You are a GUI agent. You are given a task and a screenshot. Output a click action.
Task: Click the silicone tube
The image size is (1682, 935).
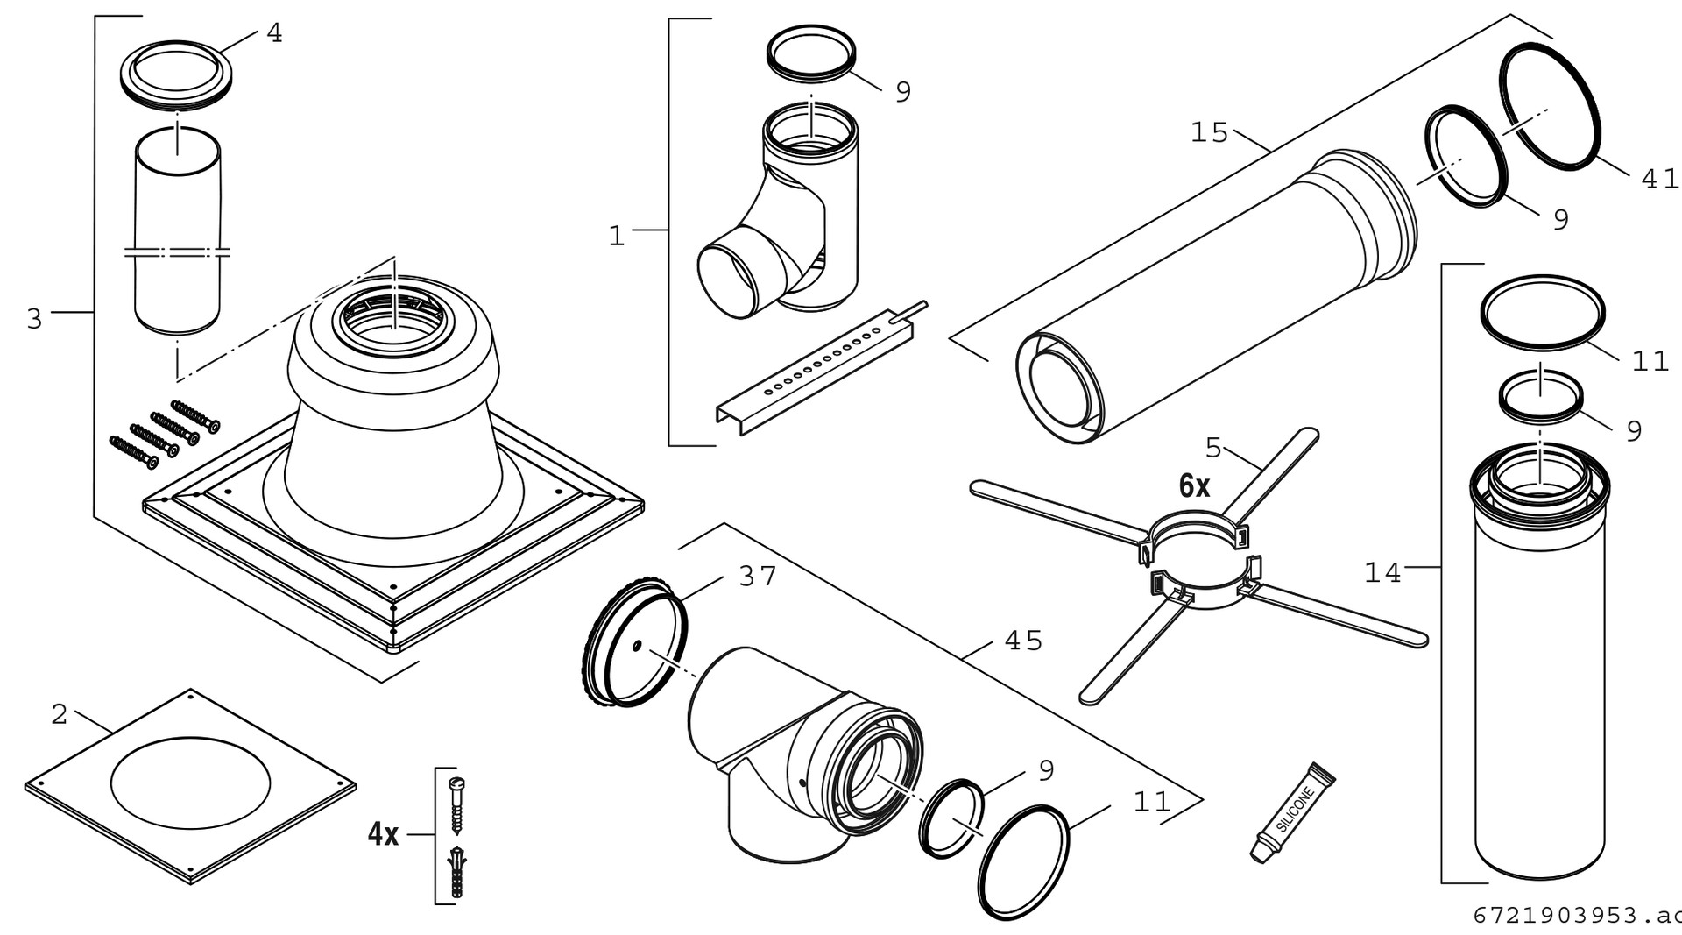[1290, 813]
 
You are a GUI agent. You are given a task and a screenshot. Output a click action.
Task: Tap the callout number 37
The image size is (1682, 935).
[758, 577]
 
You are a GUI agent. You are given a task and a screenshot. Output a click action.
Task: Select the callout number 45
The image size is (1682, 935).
[1023, 641]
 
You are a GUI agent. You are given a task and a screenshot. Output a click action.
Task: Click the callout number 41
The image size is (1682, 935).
[1658, 179]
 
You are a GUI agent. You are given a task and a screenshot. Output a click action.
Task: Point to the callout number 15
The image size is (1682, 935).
[1209, 133]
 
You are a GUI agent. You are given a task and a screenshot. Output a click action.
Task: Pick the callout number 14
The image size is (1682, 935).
[1382, 573]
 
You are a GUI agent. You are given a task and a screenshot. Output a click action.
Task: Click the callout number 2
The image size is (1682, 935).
[59, 715]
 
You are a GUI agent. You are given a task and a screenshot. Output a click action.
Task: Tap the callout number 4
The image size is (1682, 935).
[274, 33]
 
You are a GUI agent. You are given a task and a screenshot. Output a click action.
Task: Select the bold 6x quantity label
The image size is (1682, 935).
[1194, 485]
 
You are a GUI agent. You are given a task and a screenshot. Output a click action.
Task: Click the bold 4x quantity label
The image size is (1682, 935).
[383, 834]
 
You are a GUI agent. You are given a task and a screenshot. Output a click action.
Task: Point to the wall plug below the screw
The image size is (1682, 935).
[456, 872]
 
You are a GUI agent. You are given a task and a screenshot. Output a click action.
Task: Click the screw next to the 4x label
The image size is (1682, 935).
[456, 804]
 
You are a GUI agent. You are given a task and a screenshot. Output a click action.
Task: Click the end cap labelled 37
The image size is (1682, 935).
[634, 642]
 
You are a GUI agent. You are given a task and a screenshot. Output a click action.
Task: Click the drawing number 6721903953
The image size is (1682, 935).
[1568, 916]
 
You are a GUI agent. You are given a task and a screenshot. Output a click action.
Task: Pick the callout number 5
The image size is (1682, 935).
[1213, 448]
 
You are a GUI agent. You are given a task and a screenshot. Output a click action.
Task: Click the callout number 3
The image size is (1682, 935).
[34, 319]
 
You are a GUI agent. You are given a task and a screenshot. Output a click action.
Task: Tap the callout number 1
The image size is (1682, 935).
[617, 237]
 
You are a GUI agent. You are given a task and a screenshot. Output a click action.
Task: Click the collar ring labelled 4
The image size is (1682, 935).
[178, 75]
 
